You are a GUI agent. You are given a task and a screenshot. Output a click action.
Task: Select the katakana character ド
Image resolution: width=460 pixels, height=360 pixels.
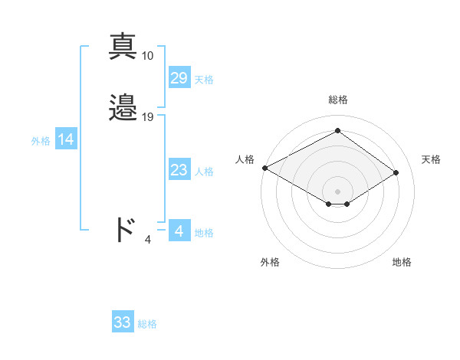tap(124, 229)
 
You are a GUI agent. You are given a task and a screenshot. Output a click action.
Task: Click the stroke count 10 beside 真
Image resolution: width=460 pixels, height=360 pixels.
tap(148, 56)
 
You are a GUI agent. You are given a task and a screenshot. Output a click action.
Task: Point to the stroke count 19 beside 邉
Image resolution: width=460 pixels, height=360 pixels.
tap(148, 117)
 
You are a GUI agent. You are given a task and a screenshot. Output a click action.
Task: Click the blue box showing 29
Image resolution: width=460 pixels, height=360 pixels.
tap(179, 78)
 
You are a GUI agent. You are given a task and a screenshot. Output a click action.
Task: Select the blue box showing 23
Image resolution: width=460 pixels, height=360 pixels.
tap(179, 170)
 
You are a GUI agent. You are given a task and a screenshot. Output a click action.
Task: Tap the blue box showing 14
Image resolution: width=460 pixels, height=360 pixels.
tap(66, 139)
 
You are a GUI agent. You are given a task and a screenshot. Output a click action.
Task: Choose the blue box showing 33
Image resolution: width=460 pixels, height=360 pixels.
tap(123, 322)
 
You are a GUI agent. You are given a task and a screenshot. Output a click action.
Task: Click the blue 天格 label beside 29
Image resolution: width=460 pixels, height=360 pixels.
tap(204, 80)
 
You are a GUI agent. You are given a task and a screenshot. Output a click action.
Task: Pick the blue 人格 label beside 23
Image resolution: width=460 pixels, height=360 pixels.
tap(204, 172)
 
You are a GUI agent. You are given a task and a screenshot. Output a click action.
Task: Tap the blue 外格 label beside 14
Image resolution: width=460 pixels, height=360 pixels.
tap(41, 141)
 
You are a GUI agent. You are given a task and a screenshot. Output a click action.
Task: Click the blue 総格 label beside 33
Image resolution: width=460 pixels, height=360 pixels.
tap(147, 324)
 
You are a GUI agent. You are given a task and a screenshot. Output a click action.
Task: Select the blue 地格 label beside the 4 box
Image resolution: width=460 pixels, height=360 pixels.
tap(204, 233)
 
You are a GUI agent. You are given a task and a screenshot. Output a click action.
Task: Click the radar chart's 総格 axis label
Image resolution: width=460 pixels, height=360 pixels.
tap(337, 100)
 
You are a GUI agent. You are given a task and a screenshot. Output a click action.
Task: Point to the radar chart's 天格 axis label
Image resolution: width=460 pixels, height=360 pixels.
tap(431, 159)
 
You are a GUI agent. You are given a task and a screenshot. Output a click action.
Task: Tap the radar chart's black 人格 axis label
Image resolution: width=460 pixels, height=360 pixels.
tap(245, 159)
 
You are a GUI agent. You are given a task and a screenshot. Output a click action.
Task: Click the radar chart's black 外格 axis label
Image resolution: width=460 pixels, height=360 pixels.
tap(270, 262)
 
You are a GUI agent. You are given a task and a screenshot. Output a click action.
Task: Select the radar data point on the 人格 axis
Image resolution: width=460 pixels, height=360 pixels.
tap(264, 168)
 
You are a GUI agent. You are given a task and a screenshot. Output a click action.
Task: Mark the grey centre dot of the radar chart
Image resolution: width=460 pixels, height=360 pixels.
tap(337, 190)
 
